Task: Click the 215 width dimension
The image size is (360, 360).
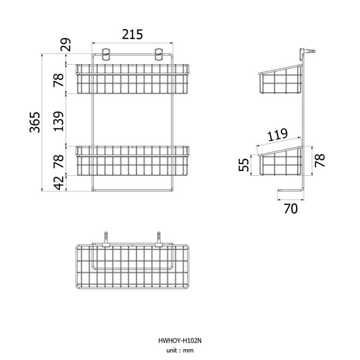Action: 132,35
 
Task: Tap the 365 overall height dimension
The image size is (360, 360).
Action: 36,122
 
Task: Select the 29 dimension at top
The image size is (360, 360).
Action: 66,45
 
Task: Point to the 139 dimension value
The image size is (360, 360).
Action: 59,121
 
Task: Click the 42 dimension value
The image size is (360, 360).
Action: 59,183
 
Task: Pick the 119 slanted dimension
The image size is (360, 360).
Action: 278,136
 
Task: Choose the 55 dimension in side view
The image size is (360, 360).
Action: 244,165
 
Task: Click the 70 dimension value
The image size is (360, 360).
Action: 291,209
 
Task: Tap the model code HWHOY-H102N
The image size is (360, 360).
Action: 180,341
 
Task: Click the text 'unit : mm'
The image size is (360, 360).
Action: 180,351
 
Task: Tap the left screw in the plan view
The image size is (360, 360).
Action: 106,238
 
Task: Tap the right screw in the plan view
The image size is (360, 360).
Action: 159,238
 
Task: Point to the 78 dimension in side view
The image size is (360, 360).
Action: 320,161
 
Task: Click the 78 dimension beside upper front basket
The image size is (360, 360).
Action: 59,80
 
